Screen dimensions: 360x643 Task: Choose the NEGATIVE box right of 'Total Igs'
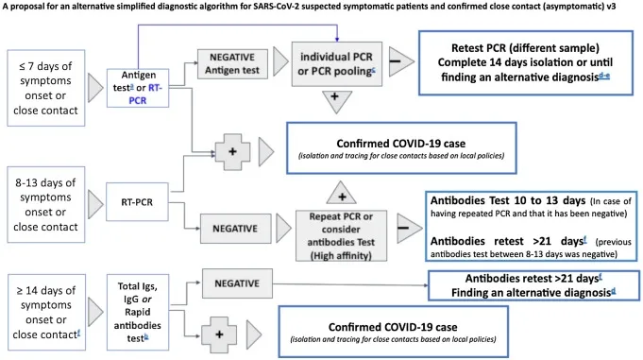pyautogui.click(x=237, y=279)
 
